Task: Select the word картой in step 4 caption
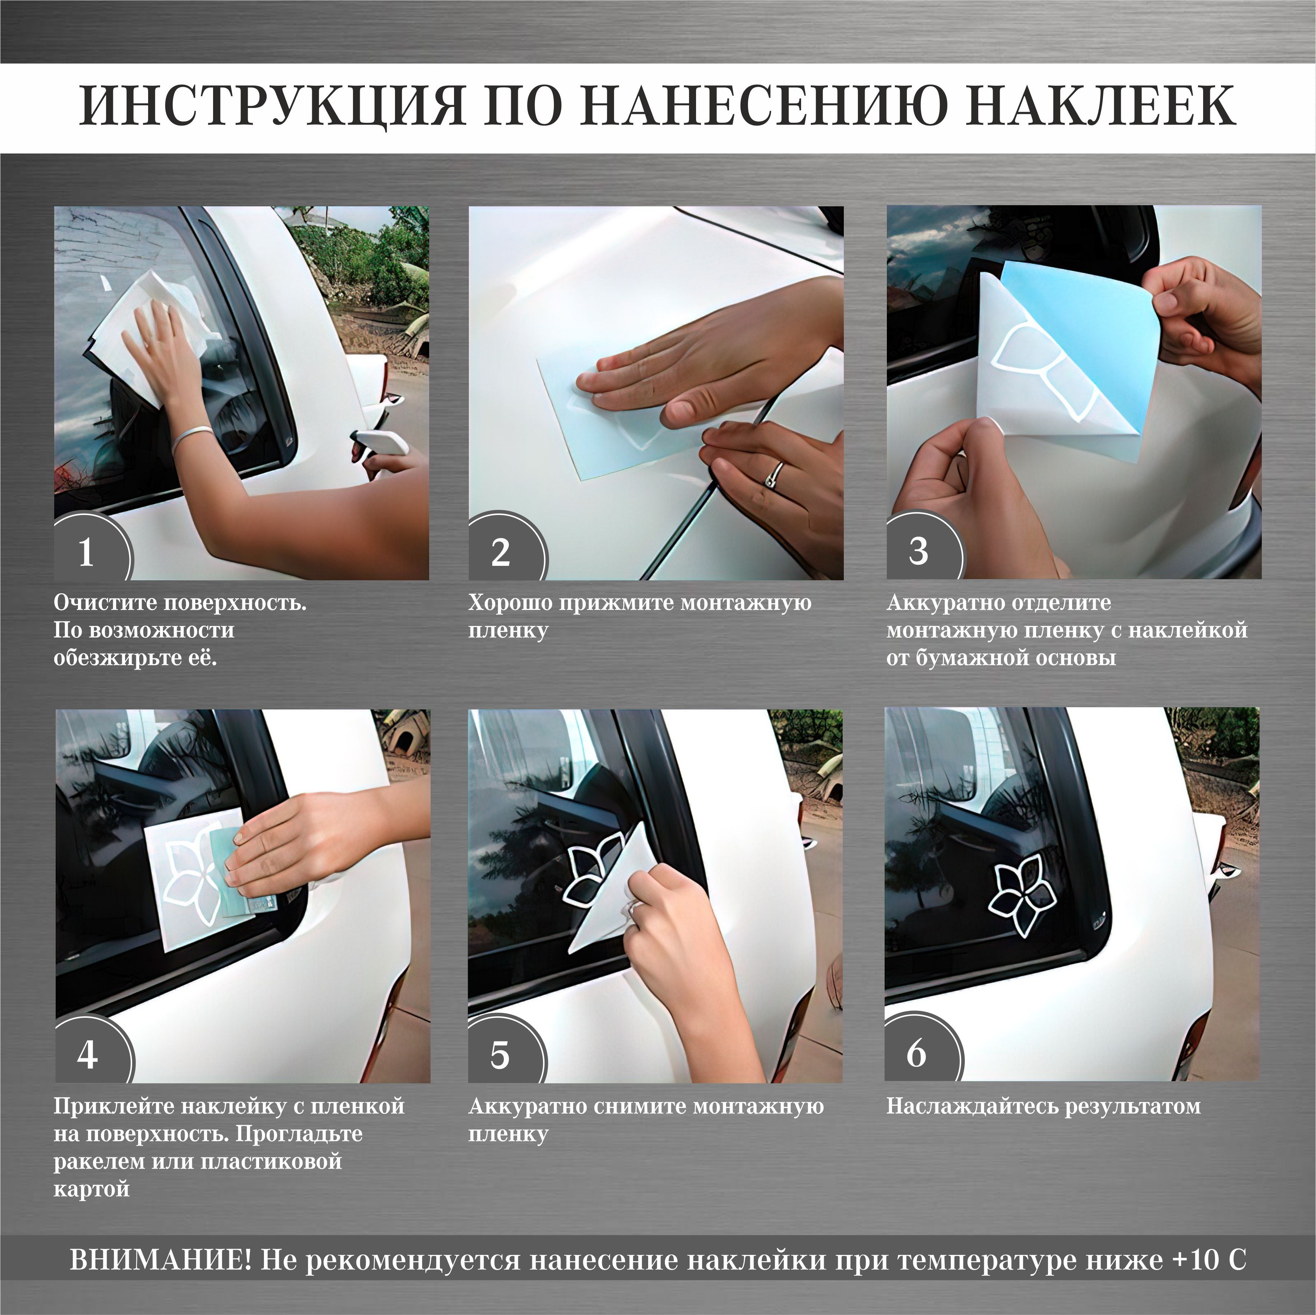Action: click(91, 1189)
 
